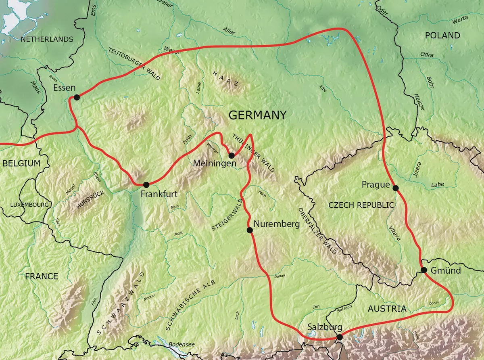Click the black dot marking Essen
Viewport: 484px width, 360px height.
[x=76, y=97]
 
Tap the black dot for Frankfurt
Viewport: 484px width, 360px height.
[x=146, y=184]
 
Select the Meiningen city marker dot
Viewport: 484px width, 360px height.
[x=231, y=155]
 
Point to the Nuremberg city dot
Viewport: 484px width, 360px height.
[x=250, y=230]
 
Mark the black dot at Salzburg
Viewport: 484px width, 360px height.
[x=340, y=337]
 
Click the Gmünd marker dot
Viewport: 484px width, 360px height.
[x=423, y=270]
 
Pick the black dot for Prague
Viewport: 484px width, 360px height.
[x=395, y=188]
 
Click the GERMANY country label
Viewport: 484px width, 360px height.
[x=257, y=115]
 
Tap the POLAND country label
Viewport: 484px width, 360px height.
[x=442, y=36]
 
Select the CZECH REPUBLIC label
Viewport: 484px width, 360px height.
[x=361, y=205]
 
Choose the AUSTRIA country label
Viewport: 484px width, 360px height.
[x=387, y=309]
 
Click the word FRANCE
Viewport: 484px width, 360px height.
[x=42, y=276]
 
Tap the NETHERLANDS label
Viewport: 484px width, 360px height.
[x=47, y=39]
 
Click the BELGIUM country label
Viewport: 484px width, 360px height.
[x=21, y=163]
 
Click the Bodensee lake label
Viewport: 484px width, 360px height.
[x=181, y=344]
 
